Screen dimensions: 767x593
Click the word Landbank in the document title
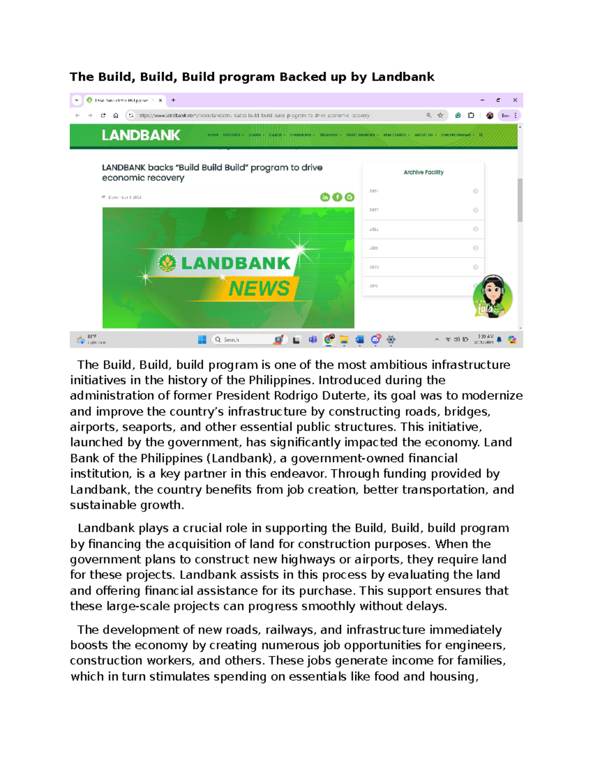click(x=403, y=77)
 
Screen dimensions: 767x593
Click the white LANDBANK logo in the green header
click(x=141, y=135)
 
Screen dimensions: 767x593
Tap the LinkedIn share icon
click(x=325, y=197)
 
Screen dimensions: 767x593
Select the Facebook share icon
click(x=337, y=197)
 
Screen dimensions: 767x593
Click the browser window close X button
click(x=515, y=100)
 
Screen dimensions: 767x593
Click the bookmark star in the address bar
click(x=440, y=116)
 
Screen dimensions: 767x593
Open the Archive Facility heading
click(x=424, y=172)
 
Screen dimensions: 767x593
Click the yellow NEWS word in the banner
click(x=259, y=288)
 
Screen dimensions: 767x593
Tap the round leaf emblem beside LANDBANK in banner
click(x=167, y=263)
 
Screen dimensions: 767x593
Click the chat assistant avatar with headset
click(x=492, y=296)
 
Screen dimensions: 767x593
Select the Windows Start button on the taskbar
click(x=202, y=340)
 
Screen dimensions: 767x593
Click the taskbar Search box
click(x=242, y=340)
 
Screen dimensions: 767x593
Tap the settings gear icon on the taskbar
click(x=391, y=340)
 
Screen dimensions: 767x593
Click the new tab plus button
click(x=173, y=100)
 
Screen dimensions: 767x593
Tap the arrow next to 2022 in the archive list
click(x=475, y=229)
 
